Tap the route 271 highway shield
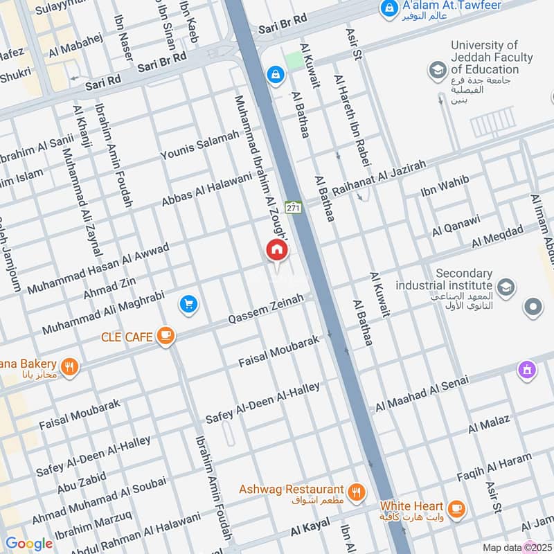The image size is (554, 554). coord(294,207)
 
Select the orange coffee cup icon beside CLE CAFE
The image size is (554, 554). coord(166,337)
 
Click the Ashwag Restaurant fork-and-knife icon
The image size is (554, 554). coord(357,492)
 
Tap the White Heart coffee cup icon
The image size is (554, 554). coord(456,509)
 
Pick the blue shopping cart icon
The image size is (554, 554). coord(188,303)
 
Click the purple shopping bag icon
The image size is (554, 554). coord(528,370)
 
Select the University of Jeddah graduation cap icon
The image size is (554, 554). coord(437,69)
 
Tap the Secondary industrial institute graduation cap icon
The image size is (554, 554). coord(506,285)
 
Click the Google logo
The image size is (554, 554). coord(28,544)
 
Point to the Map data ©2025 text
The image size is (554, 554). coord(516,547)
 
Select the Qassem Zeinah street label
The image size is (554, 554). coord(267,311)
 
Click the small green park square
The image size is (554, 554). coord(295,60)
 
